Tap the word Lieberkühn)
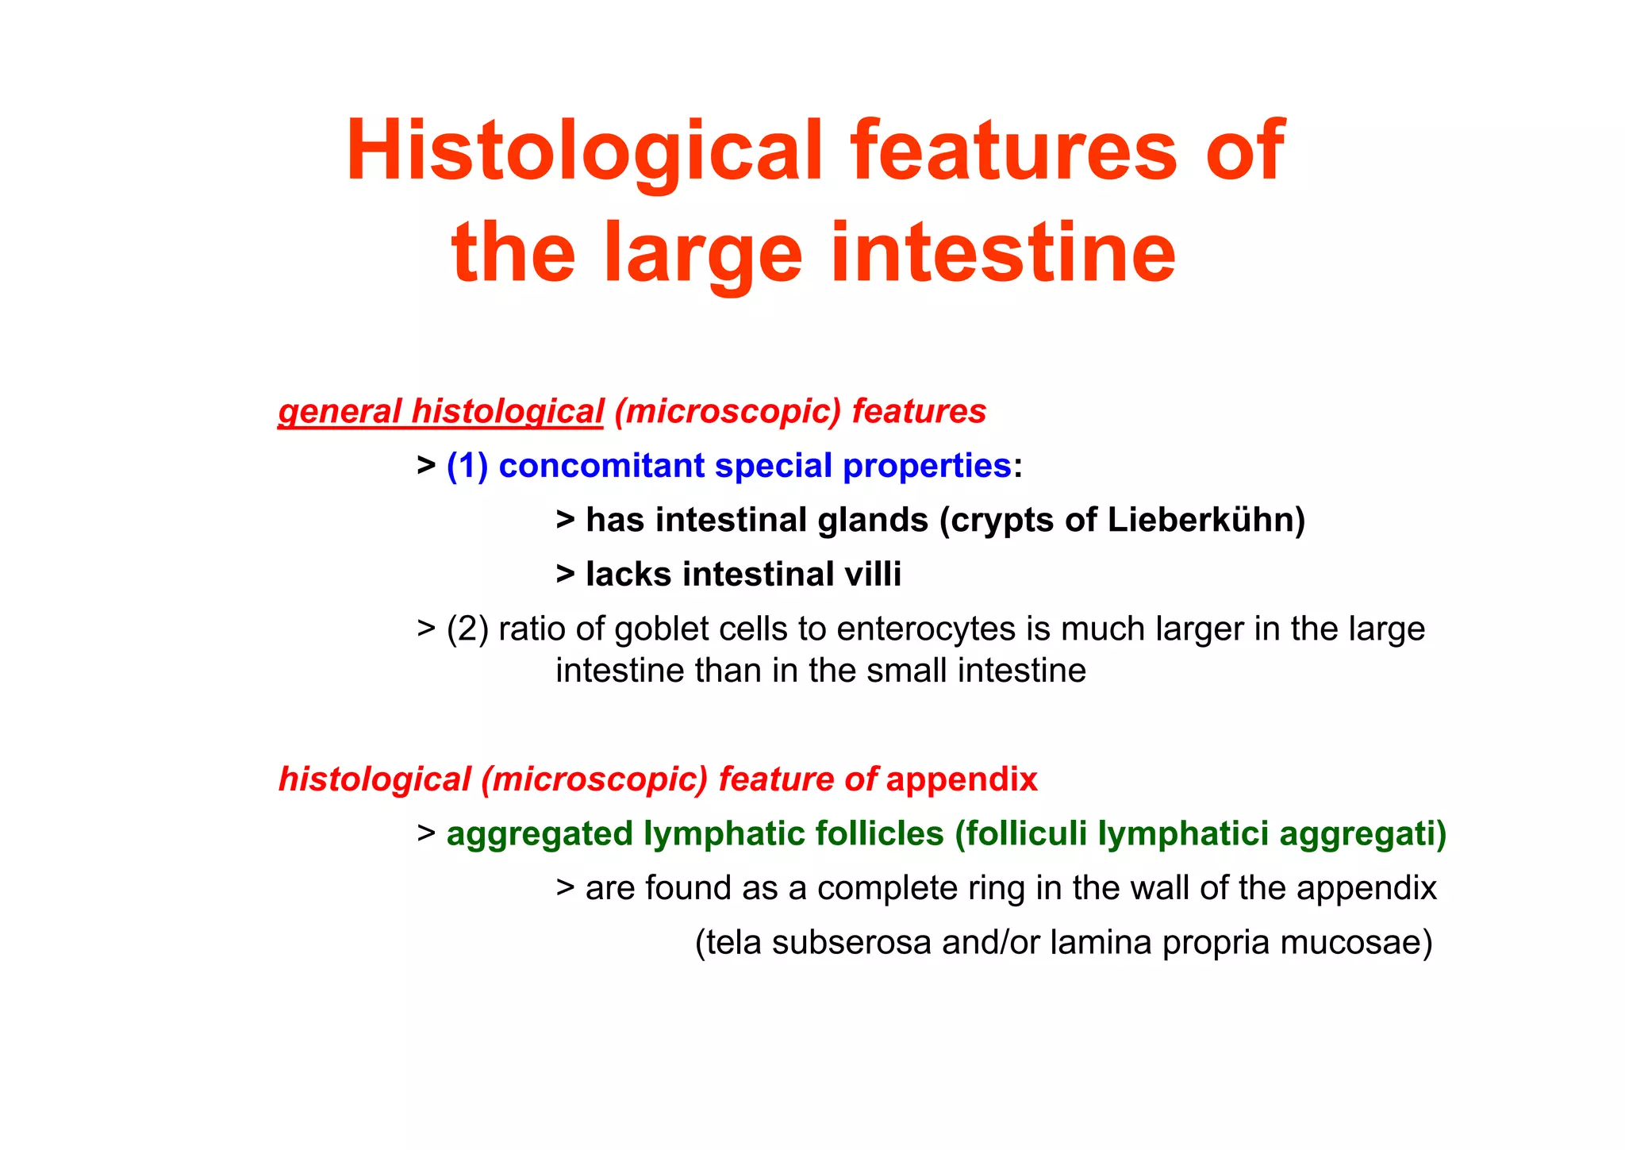coord(1206,521)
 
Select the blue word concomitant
coord(601,466)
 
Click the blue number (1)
coord(467,466)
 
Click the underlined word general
coord(340,412)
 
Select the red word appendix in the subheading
coord(962,779)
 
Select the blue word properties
coord(926,466)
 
